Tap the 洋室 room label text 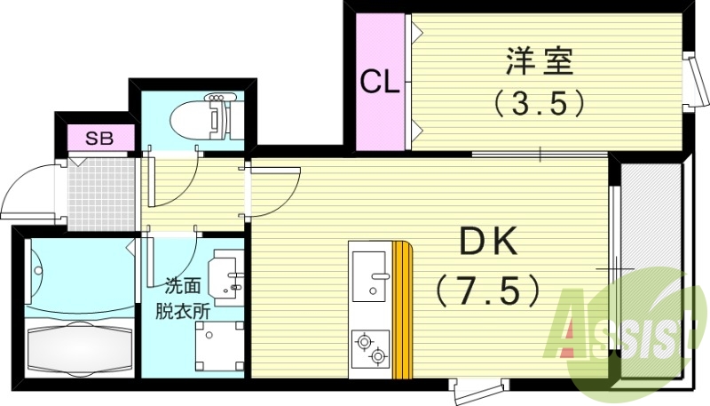click(540, 63)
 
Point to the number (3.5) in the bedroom click(540, 104)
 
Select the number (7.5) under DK click(487, 287)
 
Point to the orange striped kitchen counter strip click(404, 311)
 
